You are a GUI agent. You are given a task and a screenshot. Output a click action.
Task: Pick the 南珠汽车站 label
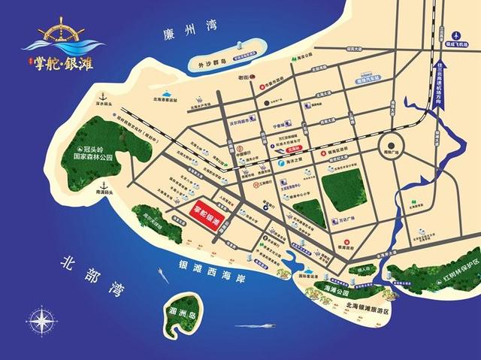point(369,77)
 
